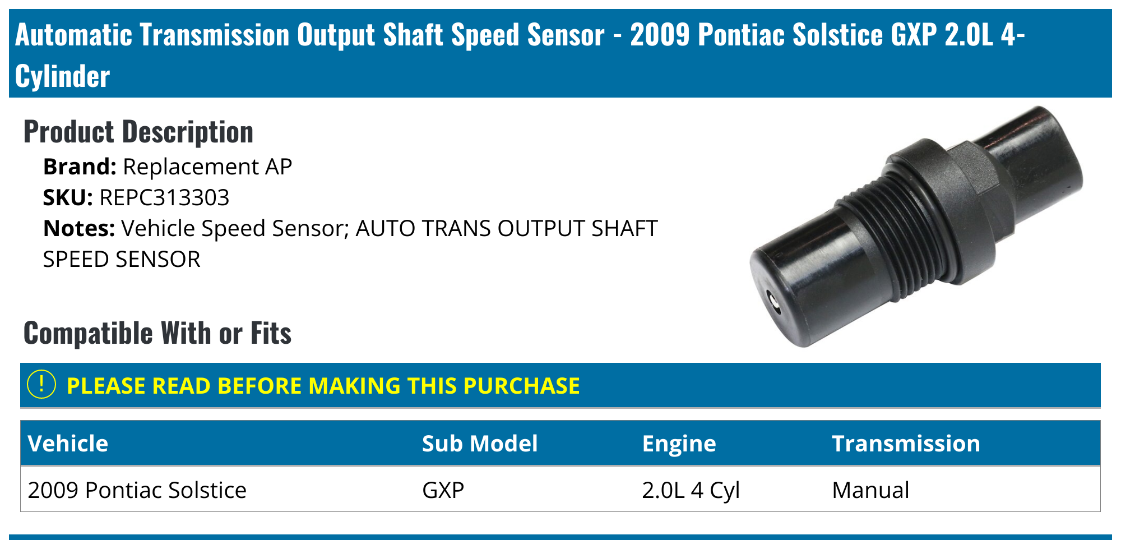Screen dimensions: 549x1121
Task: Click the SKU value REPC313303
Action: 164,198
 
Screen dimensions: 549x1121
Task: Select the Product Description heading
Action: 138,132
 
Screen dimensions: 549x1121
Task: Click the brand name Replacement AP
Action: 207,167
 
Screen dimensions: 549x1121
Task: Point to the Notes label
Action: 79,229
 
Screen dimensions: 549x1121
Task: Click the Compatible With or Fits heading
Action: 158,333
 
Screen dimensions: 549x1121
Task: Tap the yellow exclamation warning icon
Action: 41,385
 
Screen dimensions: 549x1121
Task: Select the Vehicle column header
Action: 68,444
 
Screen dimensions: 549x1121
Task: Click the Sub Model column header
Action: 480,444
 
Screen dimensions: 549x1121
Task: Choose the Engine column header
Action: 679,444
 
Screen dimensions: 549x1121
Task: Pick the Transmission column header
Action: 906,444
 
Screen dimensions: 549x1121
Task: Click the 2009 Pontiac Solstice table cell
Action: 137,490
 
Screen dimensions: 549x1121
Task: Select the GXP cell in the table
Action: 443,490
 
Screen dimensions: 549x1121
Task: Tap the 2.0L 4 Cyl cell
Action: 691,490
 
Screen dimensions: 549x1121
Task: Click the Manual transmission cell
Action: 870,490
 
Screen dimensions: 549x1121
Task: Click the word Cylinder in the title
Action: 63,76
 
